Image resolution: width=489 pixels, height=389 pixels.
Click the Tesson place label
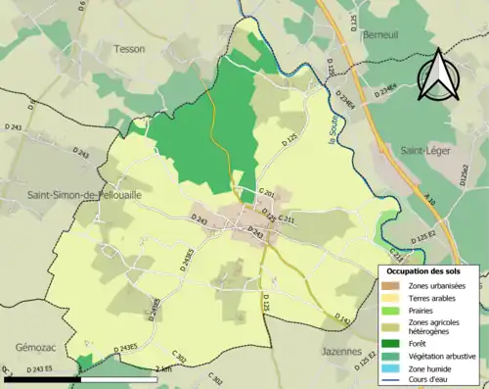tap(129, 48)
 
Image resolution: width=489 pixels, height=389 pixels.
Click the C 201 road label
tap(266, 194)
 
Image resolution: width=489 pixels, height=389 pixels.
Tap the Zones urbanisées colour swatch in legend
tap(390, 285)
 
